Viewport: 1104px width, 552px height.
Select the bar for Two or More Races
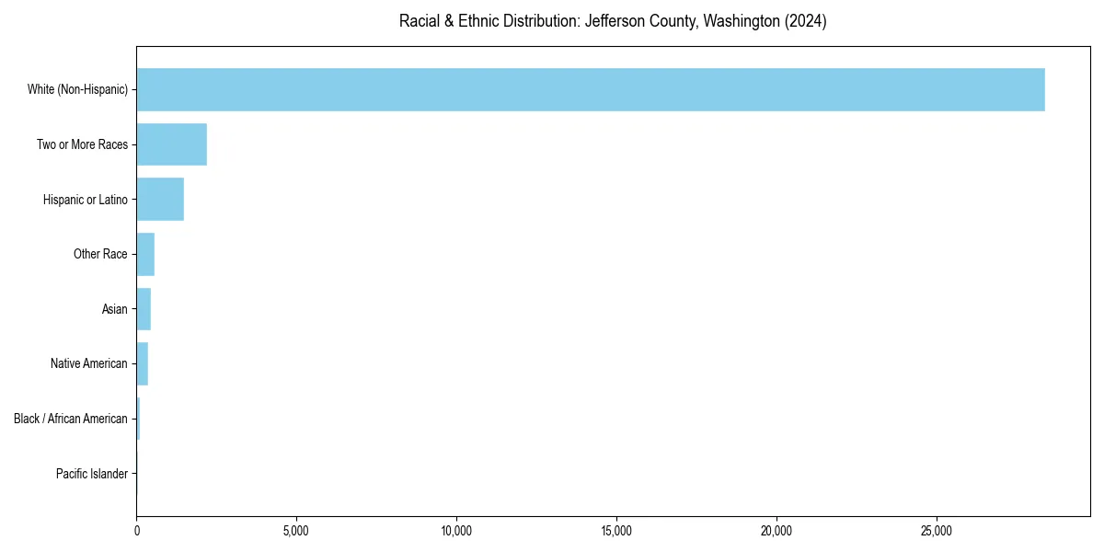click(x=172, y=144)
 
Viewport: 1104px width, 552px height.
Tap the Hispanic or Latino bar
click(x=160, y=199)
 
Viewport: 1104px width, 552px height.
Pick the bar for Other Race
click(x=145, y=254)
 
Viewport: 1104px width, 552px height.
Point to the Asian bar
click(x=144, y=309)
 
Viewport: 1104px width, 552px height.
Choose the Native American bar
click(x=143, y=363)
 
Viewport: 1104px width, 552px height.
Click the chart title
click(x=613, y=21)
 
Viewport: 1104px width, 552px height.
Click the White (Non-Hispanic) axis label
click(x=77, y=89)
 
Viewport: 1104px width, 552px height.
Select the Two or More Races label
click(x=82, y=144)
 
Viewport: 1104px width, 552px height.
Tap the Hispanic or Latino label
click(x=86, y=200)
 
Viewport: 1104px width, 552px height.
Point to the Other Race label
click(x=100, y=254)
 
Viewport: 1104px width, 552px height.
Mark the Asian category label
click(x=115, y=309)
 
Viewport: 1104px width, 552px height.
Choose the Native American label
click(x=89, y=363)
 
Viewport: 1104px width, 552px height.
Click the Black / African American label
click(x=71, y=419)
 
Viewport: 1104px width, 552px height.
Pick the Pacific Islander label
click(x=92, y=474)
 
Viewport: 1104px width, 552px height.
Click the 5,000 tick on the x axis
click(x=296, y=531)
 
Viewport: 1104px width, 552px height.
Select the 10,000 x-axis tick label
click(x=456, y=531)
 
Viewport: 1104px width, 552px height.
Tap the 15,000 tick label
click(x=616, y=531)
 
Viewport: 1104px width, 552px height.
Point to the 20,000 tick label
click(x=776, y=531)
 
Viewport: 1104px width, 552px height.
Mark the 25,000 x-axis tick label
click(x=937, y=531)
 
